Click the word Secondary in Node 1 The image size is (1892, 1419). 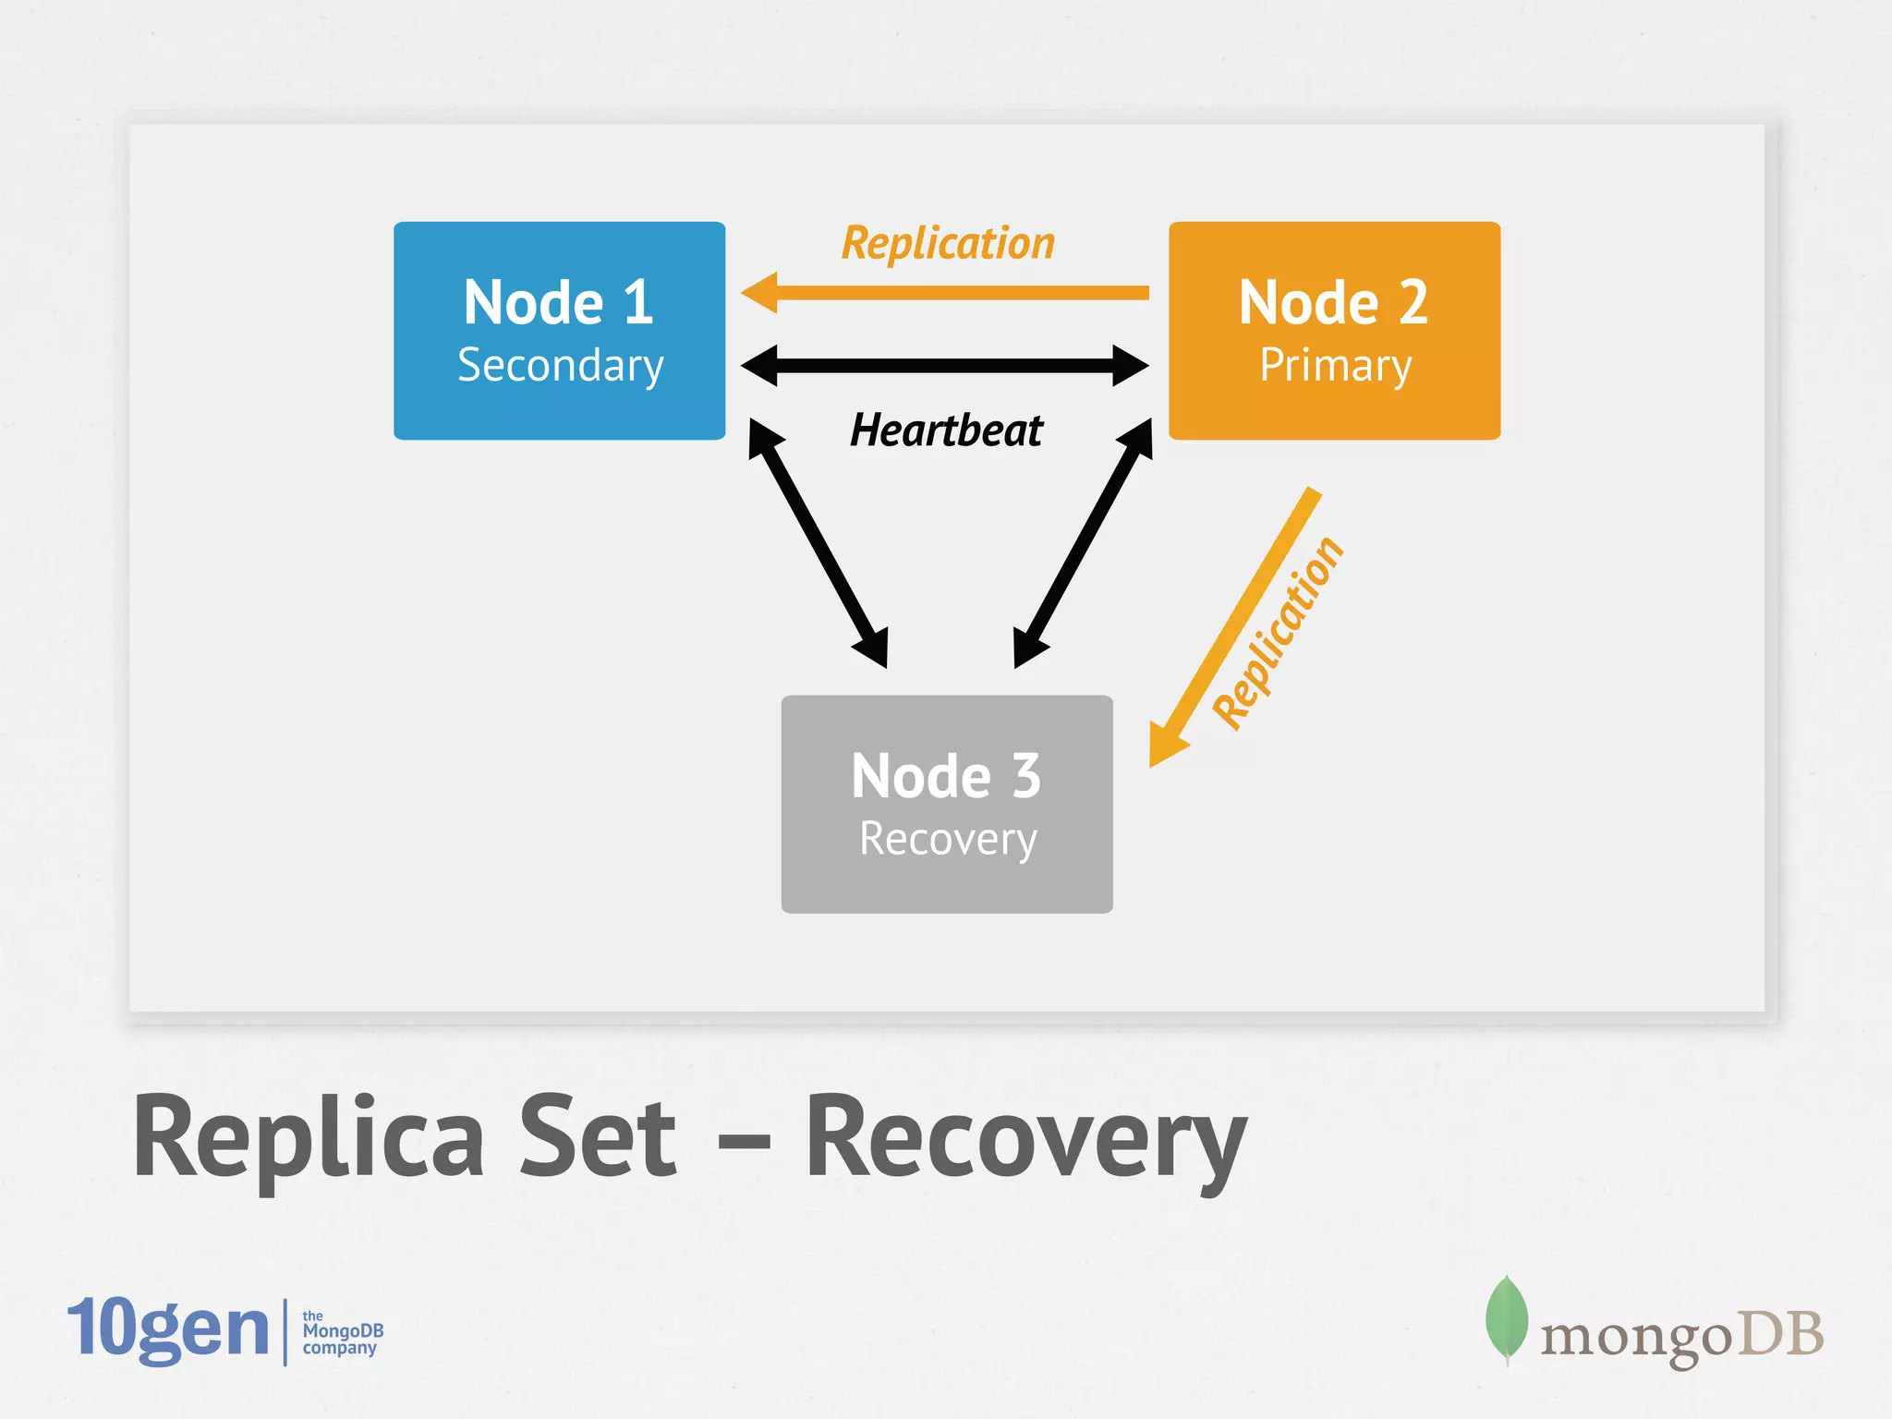pos(561,366)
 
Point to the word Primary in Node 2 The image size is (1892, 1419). pos(1336,366)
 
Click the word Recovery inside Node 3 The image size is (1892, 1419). pos(948,839)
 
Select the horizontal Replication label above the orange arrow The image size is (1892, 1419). pos(948,244)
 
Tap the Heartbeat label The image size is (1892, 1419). pos(946,431)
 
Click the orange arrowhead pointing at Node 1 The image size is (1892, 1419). pos(761,293)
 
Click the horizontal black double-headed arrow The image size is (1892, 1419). pos(945,366)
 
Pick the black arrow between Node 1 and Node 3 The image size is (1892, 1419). pos(819,543)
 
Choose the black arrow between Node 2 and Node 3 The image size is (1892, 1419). pos(1083,543)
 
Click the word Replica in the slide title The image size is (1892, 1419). pos(309,1138)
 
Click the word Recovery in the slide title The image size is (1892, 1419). pos(1025,1138)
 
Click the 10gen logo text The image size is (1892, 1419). pos(168,1328)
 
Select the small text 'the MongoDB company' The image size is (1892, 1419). pos(342,1332)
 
